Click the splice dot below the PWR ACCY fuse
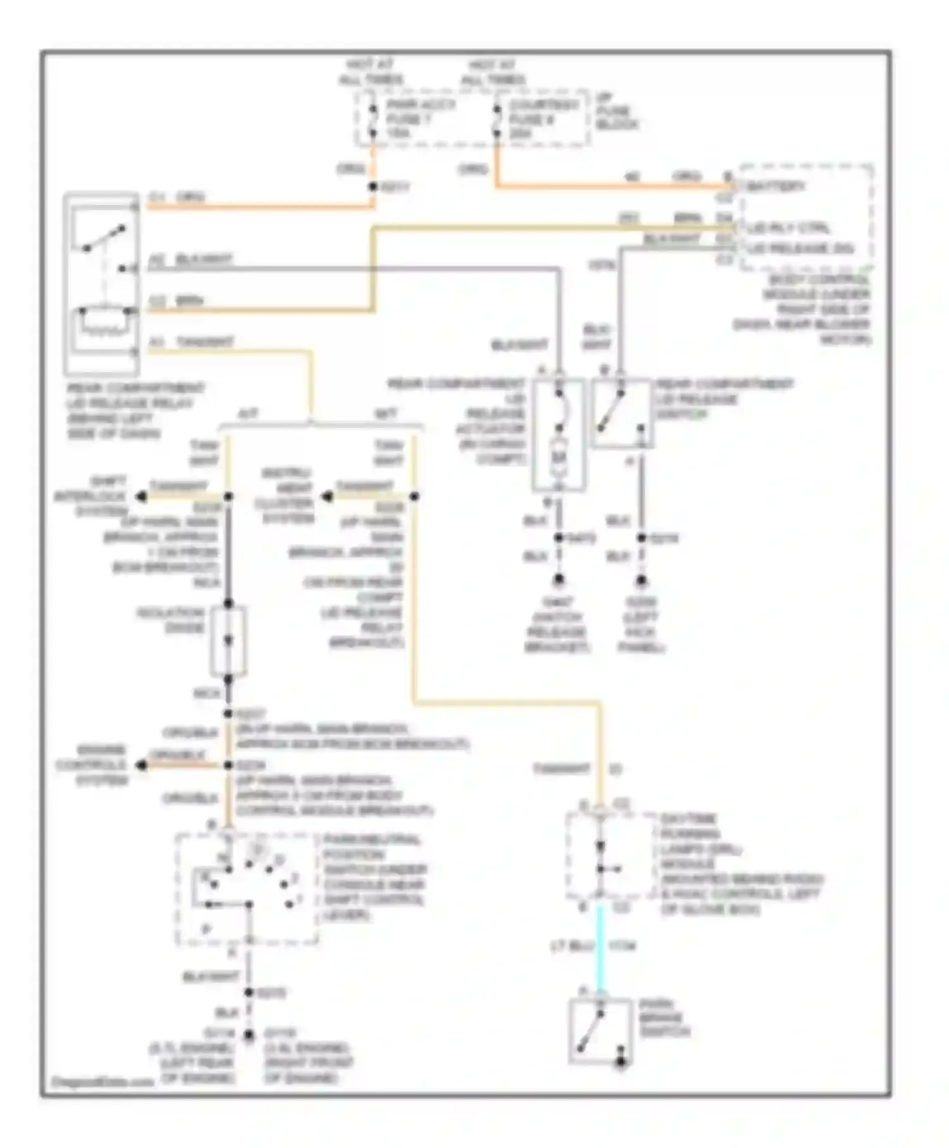(373, 187)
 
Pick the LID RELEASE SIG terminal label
(800, 248)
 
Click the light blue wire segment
(600, 949)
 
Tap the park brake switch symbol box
(600, 1032)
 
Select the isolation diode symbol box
(228, 641)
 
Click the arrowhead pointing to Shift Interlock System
(141, 497)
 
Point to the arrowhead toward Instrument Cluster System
(326, 497)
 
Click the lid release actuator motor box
(559, 435)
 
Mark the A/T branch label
(247, 414)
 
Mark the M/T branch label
(386, 414)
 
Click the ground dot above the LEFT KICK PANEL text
(641, 580)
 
